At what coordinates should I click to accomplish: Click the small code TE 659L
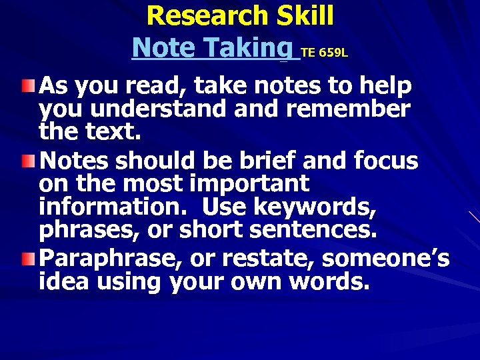pos(324,52)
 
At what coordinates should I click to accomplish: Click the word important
pos(250,184)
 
